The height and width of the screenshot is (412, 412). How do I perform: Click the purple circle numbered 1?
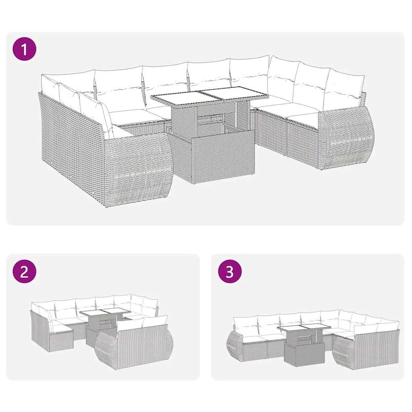tap(24, 49)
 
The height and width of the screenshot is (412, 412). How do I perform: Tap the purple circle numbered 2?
tap(24, 271)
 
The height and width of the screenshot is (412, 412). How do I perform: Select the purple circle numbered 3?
tap(230, 271)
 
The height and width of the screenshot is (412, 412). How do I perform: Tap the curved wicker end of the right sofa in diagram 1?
tap(346, 139)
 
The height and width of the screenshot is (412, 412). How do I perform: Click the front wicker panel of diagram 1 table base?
tap(224, 157)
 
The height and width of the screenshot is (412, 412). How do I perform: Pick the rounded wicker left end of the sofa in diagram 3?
tap(235, 344)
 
